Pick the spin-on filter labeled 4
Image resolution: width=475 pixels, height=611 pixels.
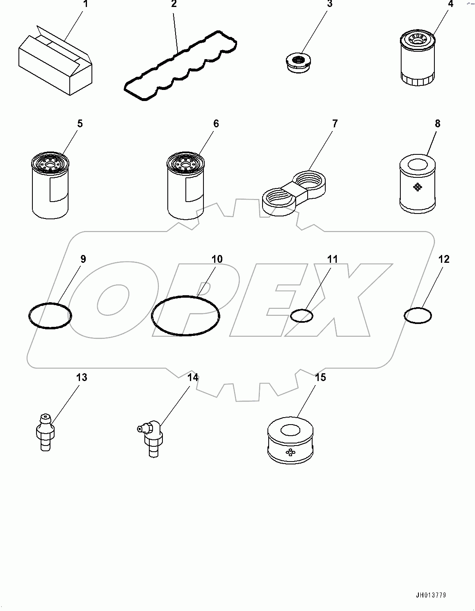(417, 60)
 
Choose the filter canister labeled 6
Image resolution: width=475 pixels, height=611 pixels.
(185, 185)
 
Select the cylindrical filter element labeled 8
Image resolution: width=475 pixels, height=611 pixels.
(417, 185)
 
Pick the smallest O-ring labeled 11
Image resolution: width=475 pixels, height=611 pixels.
(301, 315)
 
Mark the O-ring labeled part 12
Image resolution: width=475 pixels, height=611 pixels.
(418, 315)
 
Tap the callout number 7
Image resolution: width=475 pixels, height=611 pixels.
(335, 124)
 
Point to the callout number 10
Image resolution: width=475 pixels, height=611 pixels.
(217, 259)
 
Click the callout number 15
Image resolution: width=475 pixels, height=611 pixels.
(320, 377)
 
